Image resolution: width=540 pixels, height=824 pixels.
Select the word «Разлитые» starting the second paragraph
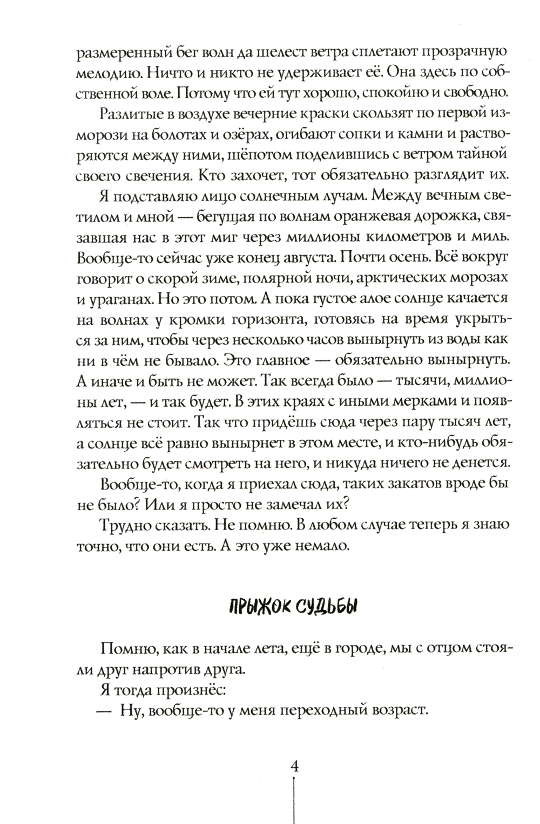point(125,116)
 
